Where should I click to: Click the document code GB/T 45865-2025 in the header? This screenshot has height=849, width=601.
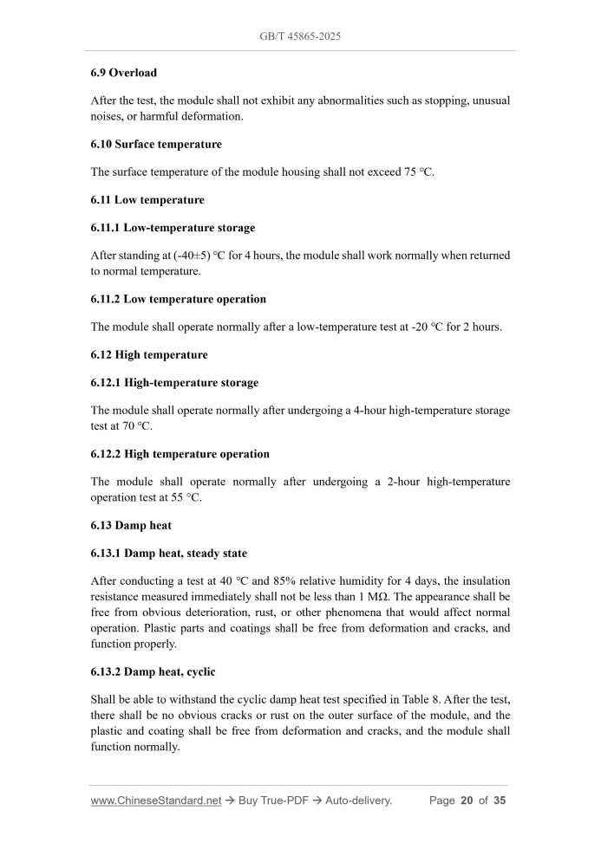coord(299,36)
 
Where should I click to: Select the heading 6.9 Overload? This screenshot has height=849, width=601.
coord(124,73)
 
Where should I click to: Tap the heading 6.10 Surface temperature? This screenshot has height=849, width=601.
coord(156,144)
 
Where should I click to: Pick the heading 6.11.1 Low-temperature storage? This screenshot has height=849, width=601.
coord(173,228)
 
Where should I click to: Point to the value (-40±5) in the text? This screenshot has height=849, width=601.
coord(184,256)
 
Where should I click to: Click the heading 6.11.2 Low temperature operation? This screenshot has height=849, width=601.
coord(178,299)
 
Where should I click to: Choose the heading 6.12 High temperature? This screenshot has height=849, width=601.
coord(149,354)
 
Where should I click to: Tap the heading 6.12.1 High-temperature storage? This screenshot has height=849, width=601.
coord(174,382)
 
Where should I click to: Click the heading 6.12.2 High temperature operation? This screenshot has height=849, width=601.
coord(180,454)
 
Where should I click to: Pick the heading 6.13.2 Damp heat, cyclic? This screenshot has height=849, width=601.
coord(153,671)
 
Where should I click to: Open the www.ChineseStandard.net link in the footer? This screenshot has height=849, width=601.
coord(156,800)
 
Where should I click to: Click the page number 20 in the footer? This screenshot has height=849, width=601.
coord(467,800)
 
